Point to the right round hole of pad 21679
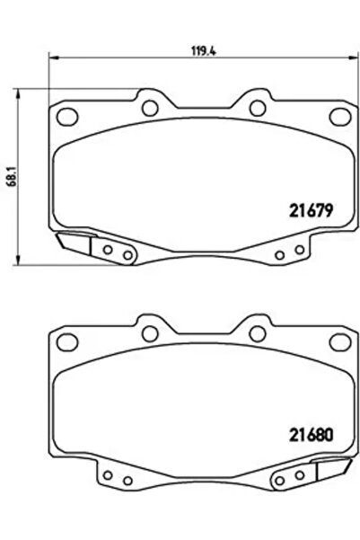pos(257,109)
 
